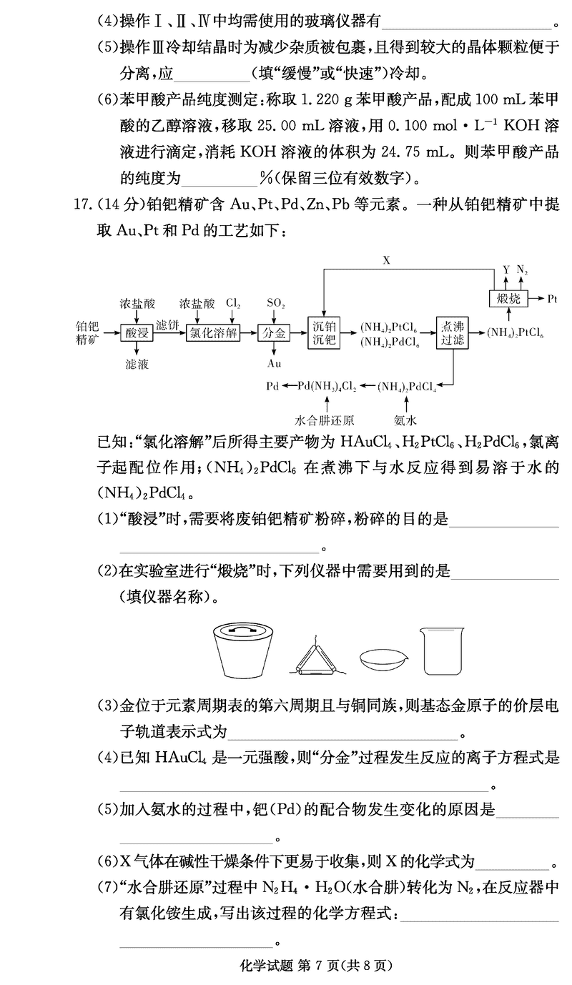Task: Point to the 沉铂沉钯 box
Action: pos(325,333)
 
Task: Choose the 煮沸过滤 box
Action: pos(454,333)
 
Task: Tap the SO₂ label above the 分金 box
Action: pos(275,304)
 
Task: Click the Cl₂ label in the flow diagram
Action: pos(233,304)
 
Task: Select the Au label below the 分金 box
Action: pos(274,363)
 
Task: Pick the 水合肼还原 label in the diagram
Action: pos(325,420)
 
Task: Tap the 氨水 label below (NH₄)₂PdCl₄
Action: pos(405,420)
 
